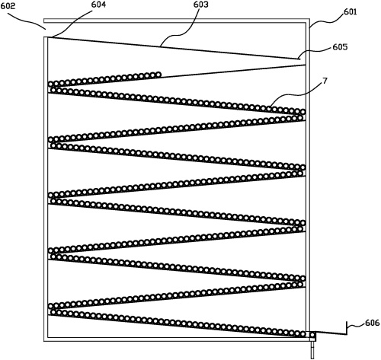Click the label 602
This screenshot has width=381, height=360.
[x=8, y=6]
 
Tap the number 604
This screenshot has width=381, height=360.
[x=98, y=5]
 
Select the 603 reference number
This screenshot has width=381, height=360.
[x=200, y=5]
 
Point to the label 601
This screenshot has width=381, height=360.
[x=351, y=11]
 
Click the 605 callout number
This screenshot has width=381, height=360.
[x=340, y=47]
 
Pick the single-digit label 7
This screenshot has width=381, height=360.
[x=325, y=81]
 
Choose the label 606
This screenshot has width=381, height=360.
[x=373, y=323]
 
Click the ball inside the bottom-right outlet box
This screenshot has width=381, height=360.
[x=312, y=335]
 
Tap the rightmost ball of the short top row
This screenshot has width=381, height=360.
[x=158, y=75]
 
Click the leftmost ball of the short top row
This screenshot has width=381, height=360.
[x=51, y=84]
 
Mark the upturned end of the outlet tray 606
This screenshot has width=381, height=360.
[x=347, y=328]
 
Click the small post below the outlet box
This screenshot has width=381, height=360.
[x=312, y=349]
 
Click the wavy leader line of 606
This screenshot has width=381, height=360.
[x=356, y=326]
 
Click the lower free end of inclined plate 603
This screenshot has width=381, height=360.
[x=298, y=59]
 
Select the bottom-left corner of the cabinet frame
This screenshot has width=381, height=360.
[x=44, y=341]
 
